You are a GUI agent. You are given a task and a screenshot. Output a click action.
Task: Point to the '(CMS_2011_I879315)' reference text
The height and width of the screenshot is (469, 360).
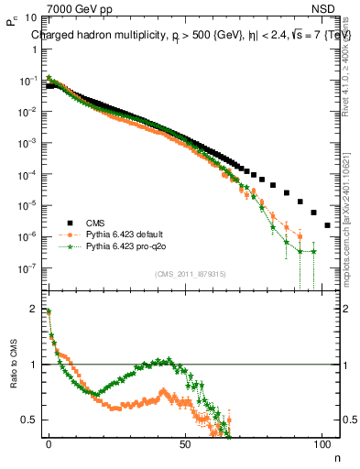pos(191,273)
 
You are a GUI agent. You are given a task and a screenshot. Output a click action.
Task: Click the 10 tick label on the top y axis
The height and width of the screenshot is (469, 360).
pos(29,17)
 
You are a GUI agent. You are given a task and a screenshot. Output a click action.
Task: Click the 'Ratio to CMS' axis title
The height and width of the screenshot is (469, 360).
pos(13,378)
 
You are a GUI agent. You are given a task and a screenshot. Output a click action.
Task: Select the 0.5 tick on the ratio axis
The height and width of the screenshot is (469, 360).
pos(29,420)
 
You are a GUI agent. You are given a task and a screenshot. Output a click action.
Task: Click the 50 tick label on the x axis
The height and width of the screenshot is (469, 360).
pos(185,442)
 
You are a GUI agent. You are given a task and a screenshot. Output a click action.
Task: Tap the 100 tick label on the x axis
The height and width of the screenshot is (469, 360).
pos(322,442)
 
